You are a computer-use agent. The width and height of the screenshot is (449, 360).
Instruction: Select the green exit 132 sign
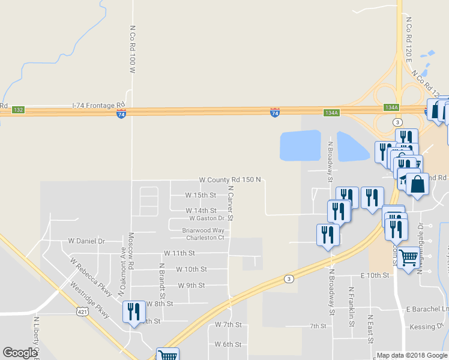(x=18, y=110)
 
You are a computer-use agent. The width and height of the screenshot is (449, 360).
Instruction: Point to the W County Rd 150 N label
(x=231, y=180)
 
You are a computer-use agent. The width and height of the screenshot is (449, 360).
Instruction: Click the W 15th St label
(x=200, y=195)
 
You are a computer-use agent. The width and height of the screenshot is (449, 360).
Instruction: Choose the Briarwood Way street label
(x=203, y=230)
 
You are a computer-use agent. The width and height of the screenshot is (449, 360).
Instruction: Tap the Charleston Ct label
(x=203, y=238)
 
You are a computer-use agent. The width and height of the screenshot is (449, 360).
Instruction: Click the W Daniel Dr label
(x=86, y=241)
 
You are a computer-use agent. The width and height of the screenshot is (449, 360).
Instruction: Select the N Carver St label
(x=231, y=203)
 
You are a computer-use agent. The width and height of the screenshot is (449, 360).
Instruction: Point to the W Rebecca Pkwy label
(x=91, y=277)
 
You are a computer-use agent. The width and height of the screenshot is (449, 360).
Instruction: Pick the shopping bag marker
(x=417, y=184)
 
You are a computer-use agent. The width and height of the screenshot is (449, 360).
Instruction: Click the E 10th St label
(x=375, y=275)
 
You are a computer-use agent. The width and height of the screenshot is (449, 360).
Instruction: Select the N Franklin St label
(x=352, y=306)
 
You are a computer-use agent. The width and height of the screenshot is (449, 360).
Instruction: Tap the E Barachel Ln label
(x=427, y=309)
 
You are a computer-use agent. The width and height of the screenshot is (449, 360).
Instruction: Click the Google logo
(x=20, y=353)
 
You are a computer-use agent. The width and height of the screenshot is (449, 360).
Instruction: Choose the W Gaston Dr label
(x=207, y=218)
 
